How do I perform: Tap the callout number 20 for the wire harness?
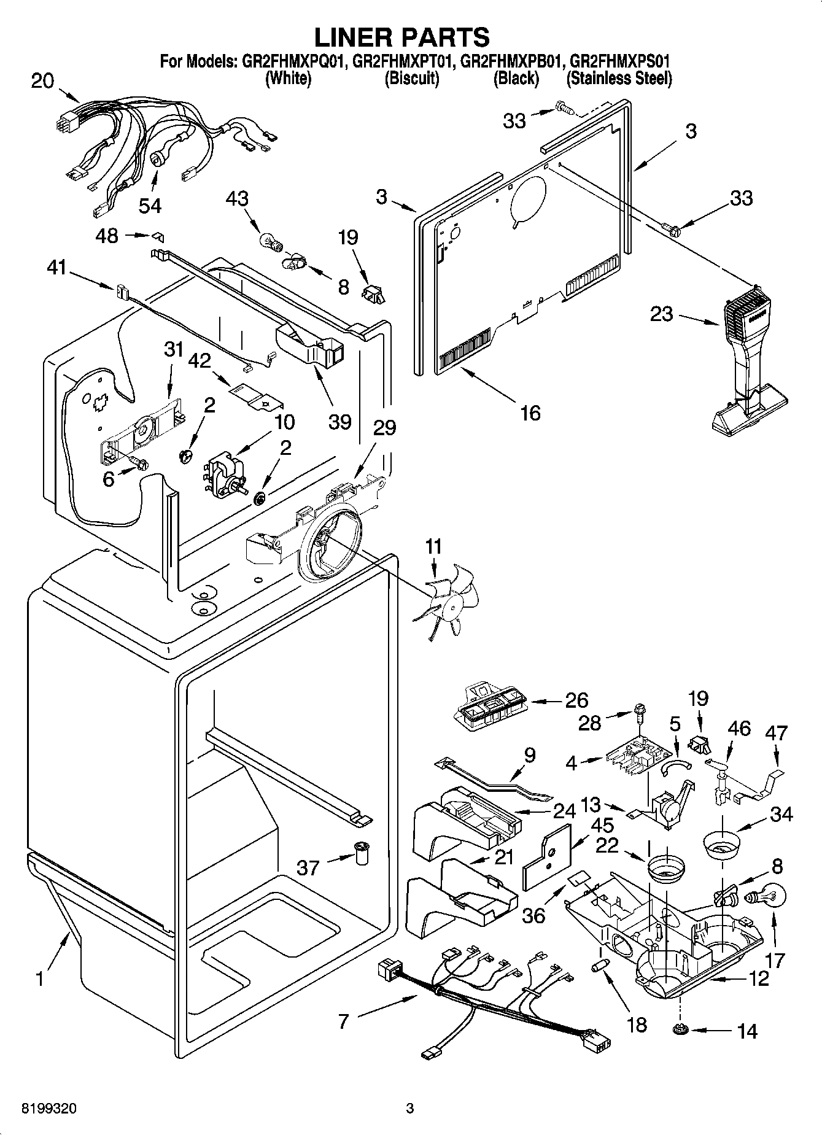(42, 81)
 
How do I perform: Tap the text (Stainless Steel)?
(619, 79)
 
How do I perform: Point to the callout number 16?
(530, 413)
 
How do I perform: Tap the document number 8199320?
(49, 1109)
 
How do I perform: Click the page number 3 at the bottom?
(410, 1109)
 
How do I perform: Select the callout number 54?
(149, 205)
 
